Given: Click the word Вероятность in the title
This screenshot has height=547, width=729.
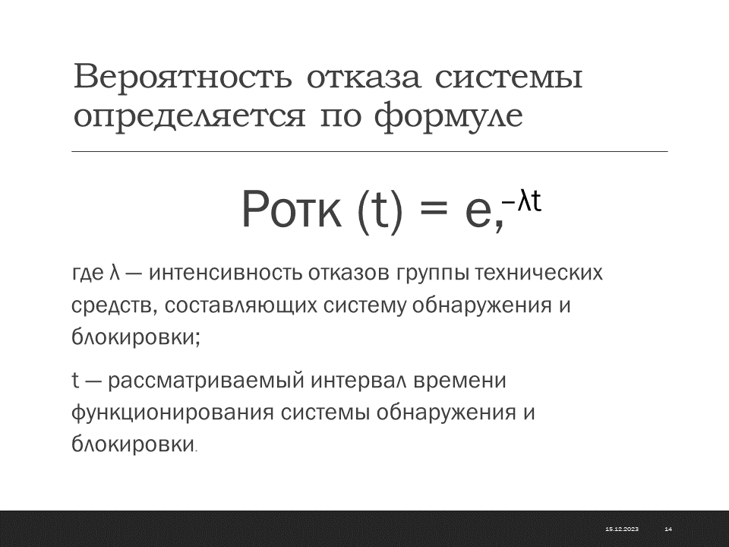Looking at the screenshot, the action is (183, 77).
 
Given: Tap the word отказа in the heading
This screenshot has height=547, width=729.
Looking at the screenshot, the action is (364, 78).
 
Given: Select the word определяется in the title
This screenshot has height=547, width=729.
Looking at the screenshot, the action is (189, 116).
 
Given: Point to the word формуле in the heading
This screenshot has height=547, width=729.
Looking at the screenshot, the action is (449, 116).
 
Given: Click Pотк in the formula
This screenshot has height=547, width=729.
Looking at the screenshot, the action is (292, 210).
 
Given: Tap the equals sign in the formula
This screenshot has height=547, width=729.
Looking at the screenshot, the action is (434, 210).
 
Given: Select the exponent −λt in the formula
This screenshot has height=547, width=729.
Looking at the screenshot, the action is (522, 202).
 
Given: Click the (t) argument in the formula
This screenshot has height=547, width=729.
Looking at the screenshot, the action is (380, 212).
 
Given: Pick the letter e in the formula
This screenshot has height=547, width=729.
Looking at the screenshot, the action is (478, 214).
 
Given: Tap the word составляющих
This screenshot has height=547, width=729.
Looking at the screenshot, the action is (241, 306).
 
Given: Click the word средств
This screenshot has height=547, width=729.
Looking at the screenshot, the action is (113, 306).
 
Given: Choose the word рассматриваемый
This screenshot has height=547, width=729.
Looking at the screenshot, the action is (206, 381).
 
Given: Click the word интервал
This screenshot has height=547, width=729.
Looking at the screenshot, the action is (359, 381).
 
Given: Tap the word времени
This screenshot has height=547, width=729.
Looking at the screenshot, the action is (459, 381).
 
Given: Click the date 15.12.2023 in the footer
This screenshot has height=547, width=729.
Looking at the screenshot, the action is (622, 529).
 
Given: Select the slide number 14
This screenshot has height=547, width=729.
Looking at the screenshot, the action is (668, 529).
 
